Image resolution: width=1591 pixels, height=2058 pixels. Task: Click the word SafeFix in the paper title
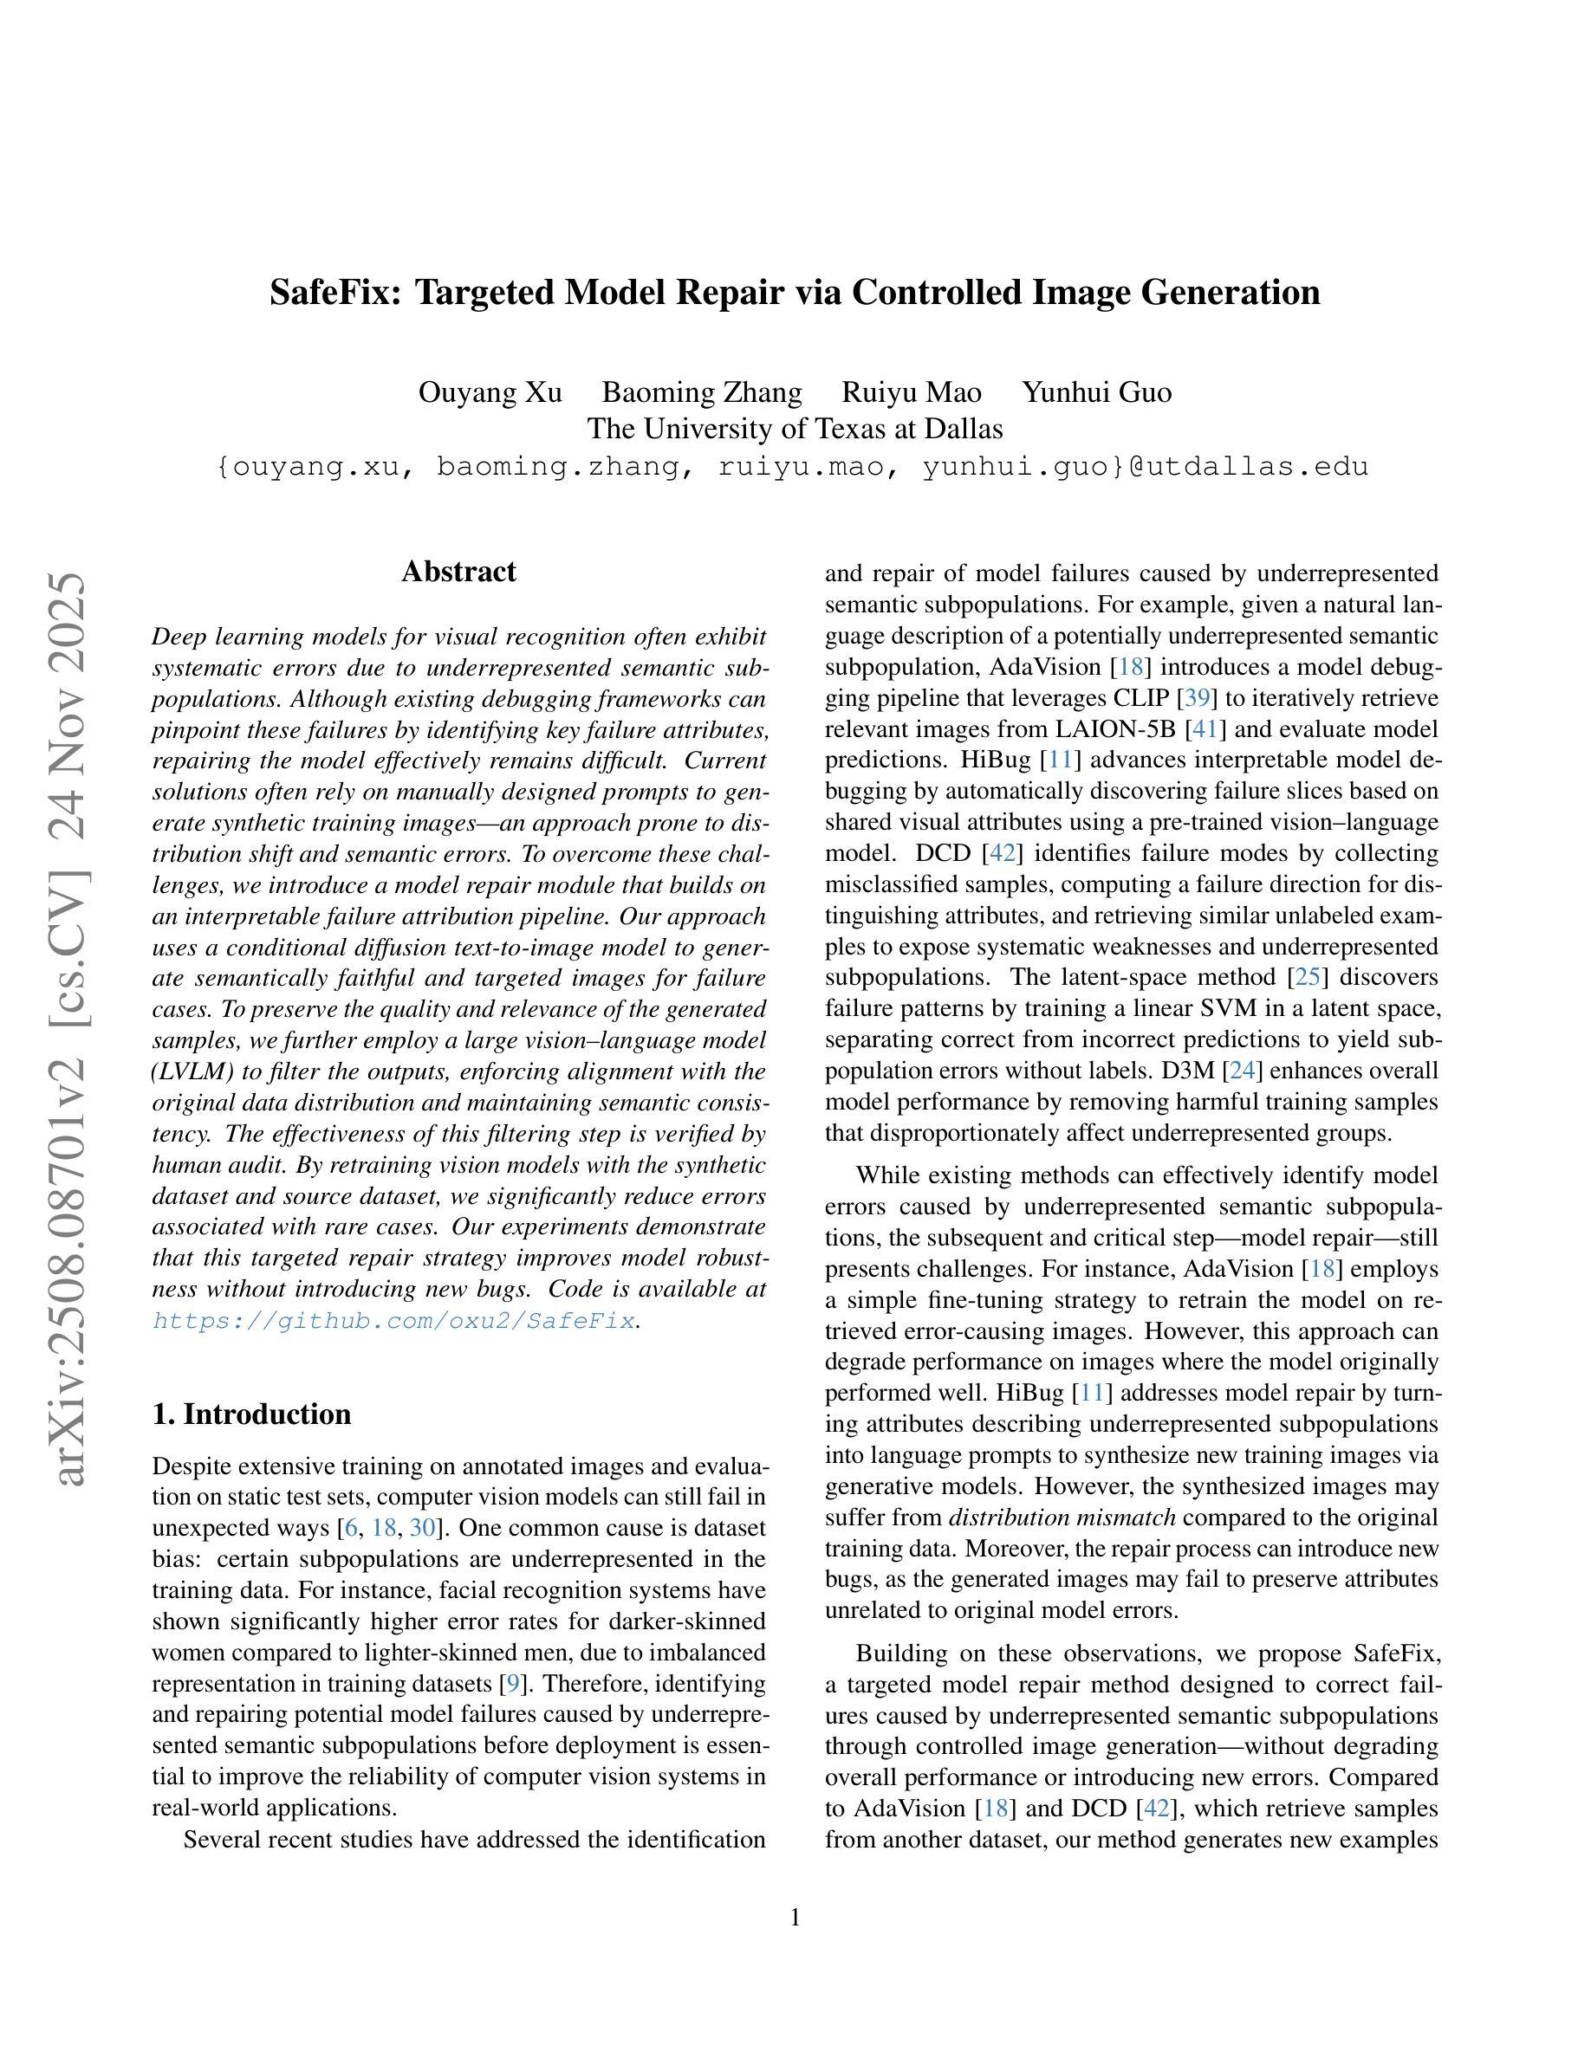(x=335, y=292)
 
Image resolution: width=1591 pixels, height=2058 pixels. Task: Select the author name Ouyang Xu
(x=490, y=392)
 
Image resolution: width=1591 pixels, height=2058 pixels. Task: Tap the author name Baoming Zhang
(x=702, y=392)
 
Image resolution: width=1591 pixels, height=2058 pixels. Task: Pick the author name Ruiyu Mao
(x=912, y=392)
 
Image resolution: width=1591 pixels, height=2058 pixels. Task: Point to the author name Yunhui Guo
(x=1097, y=392)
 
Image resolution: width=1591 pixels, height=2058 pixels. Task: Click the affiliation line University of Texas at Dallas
(x=795, y=429)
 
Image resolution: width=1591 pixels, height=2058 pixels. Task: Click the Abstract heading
(x=458, y=572)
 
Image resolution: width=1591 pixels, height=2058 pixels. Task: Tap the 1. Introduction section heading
(x=251, y=1414)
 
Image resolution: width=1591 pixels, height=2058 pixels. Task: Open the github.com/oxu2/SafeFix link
(x=394, y=1321)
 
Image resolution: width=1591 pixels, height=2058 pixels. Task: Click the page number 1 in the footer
(x=795, y=1918)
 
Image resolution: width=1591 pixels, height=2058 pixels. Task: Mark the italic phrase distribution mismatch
(x=1062, y=1518)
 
